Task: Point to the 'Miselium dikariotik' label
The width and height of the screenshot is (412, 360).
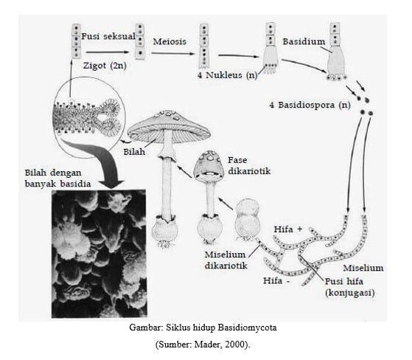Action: click(x=226, y=260)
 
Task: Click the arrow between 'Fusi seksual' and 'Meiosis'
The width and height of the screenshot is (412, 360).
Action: click(x=111, y=52)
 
